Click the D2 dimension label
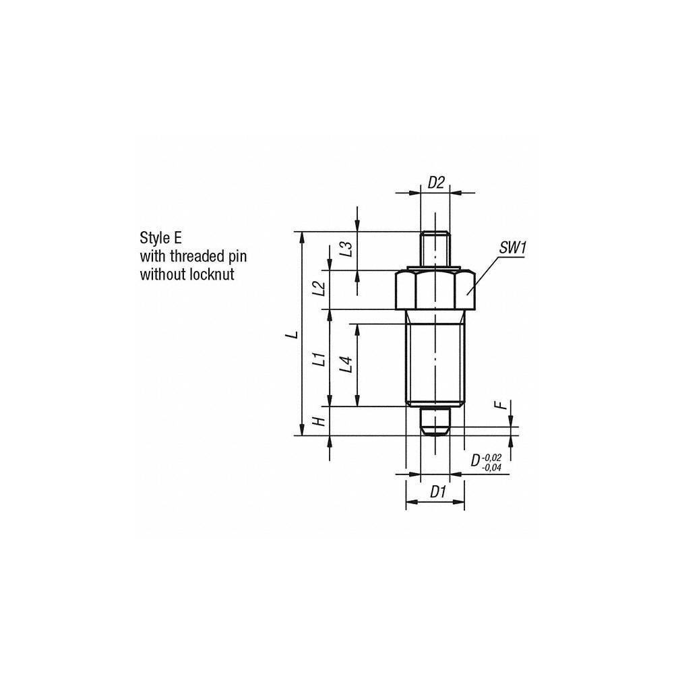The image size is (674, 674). click(437, 181)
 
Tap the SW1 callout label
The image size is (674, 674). click(512, 248)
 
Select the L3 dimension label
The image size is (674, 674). click(346, 251)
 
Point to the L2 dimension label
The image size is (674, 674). click(320, 289)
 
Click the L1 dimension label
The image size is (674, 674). click(320, 359)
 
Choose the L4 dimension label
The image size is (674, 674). click(346, 365)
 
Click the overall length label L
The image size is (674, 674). click(290, 334)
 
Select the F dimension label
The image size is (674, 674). click(499, 406)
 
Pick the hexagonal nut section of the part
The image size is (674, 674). click(435, 290)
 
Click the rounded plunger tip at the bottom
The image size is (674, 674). click(435, 423)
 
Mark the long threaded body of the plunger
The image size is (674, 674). click(435, 357)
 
